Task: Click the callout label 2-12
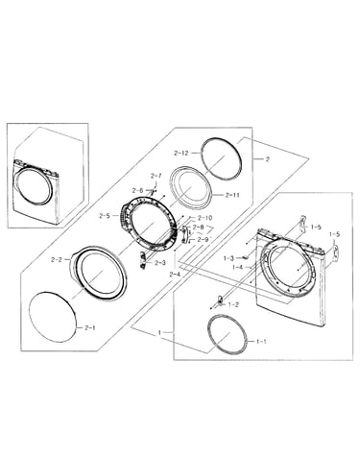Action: tap(181, 153)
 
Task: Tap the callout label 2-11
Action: tap(232, 195)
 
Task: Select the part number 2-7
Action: tap(156, 176)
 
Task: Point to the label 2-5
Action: tap(105, 216)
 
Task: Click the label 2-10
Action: tap(204, 218)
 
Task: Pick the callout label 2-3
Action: tap(160, 263)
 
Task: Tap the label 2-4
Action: tap(176, 275)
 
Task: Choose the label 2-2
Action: tap(57, 260)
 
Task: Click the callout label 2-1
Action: tap(90, 327)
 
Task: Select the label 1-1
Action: tap(261, 342)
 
